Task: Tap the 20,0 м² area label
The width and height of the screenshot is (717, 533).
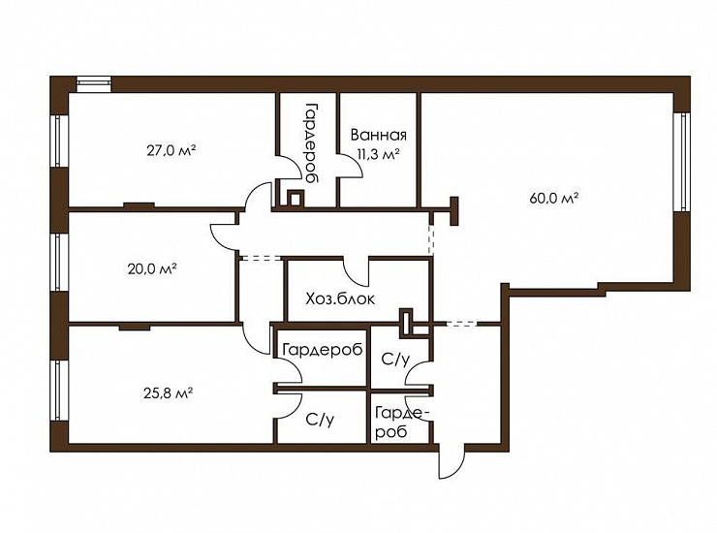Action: click(152, 268)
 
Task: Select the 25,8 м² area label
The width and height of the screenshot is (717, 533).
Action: click(168, 392)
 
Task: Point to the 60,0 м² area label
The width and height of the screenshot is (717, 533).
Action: click(554, 198)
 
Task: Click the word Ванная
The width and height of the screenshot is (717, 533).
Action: click(379, 135)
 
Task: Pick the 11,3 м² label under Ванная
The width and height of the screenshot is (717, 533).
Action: click(378, 154)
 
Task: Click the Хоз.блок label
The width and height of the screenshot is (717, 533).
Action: click(340, 298)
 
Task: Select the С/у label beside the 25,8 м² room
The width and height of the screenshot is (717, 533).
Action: click(320, 419)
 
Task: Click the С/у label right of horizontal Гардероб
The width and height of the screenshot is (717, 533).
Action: click(395, 361)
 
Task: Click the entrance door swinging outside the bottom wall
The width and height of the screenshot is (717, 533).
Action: click(451, 460)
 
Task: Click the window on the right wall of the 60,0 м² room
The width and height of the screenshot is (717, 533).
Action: click(682, 162)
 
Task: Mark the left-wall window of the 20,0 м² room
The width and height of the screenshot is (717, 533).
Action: click(59, 263)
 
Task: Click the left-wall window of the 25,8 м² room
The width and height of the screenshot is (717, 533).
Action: click(59, 391)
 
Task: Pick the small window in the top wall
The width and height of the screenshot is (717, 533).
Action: click(94, 84)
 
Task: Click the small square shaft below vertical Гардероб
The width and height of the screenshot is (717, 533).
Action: click(295, 198)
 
